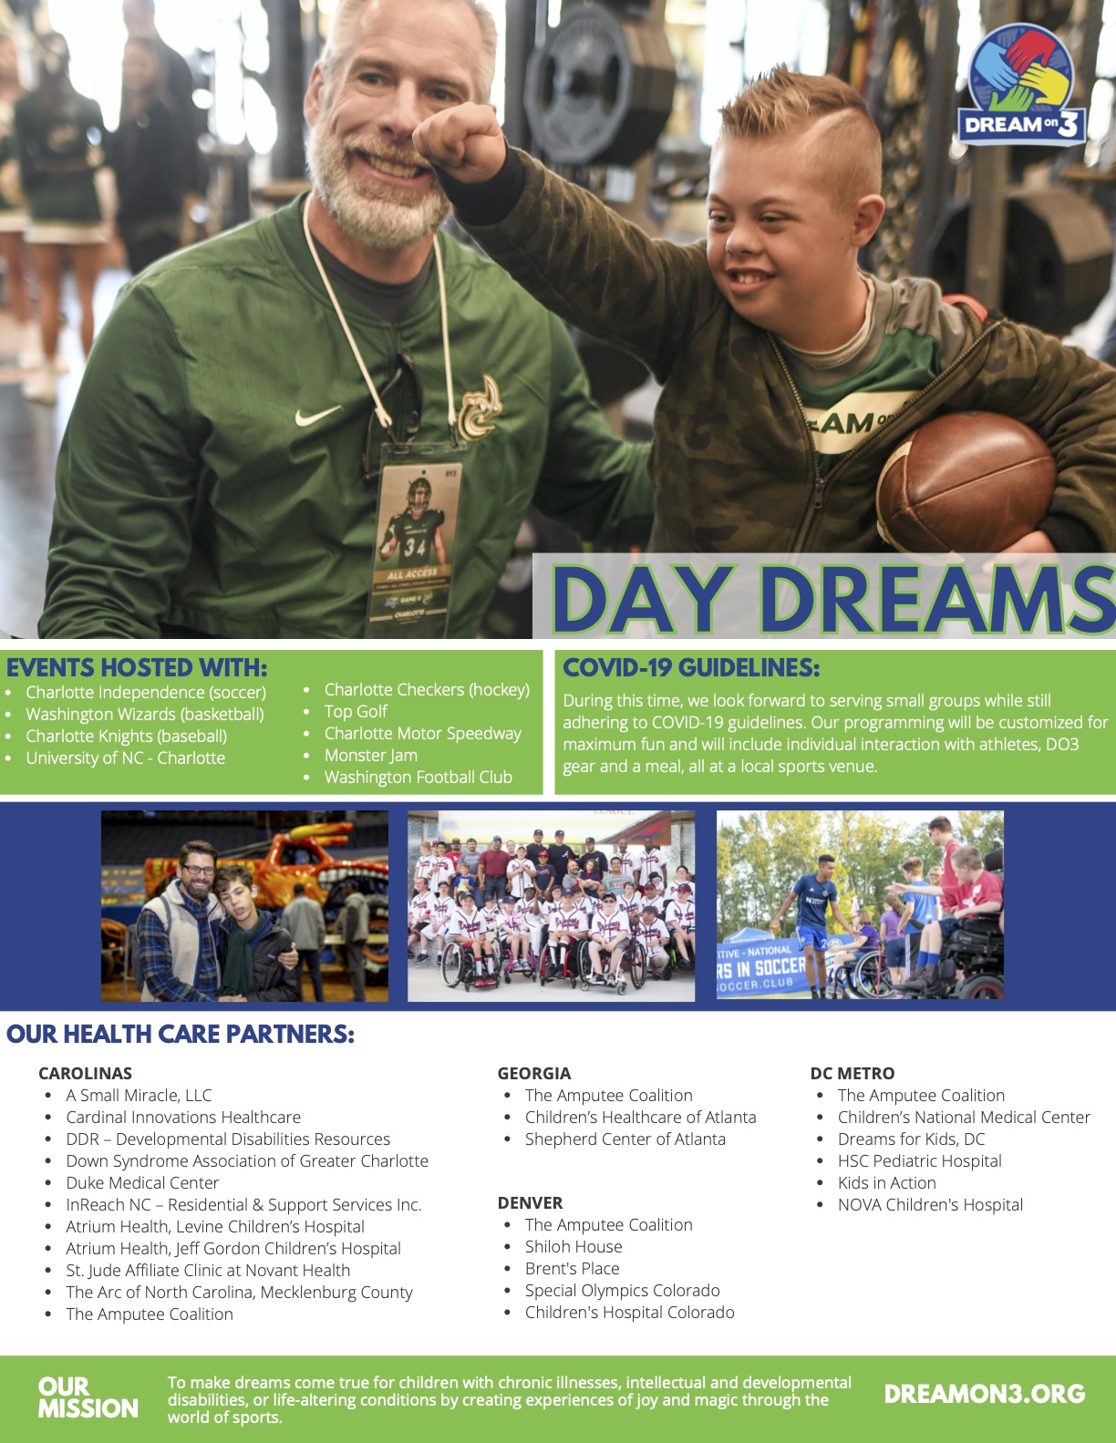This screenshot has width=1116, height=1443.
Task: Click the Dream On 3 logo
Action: click(1021, 85)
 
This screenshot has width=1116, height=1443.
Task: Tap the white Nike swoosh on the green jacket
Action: click(317, 415)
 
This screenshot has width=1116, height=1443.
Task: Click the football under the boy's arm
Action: click(966, 481)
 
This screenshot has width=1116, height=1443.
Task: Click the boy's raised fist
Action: click(460, 143)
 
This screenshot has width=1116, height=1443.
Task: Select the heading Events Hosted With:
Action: click(137, 667)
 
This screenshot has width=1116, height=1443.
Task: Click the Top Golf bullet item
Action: click(356, 711)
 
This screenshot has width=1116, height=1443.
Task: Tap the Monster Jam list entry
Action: click(370, 755)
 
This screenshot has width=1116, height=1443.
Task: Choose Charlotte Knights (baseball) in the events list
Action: click(126, 736)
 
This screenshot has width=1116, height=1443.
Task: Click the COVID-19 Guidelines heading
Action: click(691, 667)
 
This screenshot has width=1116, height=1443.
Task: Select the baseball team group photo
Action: click(551, 906)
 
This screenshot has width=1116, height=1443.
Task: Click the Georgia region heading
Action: click(533, 1073)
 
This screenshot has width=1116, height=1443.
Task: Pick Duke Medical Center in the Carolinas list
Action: click(142, 1182)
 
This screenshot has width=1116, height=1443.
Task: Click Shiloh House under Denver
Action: click(573, 1246)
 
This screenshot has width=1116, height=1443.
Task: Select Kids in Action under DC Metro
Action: click(887, 1182)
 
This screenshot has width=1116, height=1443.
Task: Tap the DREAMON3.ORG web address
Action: click(985, 1394)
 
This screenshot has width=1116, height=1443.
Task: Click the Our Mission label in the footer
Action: click(88, 1397)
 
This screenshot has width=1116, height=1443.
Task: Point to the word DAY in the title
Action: click(643, 599)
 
